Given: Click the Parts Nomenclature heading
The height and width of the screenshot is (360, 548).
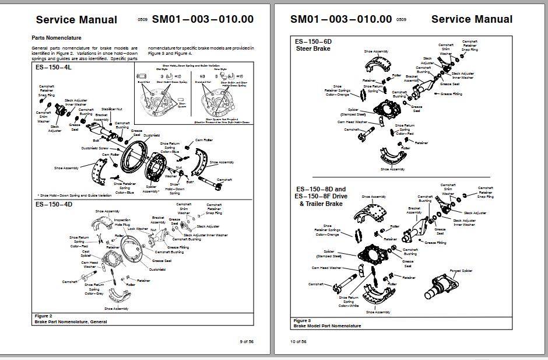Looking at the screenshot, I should tap(57, 38).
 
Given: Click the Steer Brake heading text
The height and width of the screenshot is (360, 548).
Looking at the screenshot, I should tap(313, 49).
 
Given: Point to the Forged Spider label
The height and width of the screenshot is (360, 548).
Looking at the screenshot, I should tap(461, 271).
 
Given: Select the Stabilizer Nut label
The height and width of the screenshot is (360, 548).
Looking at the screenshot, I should tap(111, 109).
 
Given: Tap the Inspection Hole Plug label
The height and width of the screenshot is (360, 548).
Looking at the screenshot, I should tap(122, 222).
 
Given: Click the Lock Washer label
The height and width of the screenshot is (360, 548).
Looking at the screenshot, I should tap(138, 229).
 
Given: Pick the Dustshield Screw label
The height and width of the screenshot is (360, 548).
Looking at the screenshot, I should tap(94, 148).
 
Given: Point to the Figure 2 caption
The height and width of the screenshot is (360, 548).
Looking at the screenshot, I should tap(43, 316).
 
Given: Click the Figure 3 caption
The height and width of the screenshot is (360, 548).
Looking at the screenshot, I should tap(302, 320).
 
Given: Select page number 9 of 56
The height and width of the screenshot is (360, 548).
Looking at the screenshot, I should tap(247, 341).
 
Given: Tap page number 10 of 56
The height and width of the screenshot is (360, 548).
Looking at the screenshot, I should tap(298, 341).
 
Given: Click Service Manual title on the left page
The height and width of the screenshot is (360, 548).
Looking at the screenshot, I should tap(76, 19).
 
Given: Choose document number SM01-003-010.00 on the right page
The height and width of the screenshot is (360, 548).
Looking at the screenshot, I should tap(341, 19).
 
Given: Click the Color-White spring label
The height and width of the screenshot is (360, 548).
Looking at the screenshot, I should tap(349, 306).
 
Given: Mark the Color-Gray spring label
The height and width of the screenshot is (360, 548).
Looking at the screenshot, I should tap(94, 293).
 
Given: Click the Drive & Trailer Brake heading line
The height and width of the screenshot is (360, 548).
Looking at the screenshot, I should tap(321, 204).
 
